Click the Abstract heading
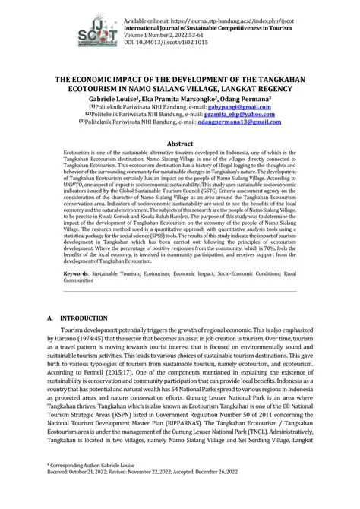point(179,143)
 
